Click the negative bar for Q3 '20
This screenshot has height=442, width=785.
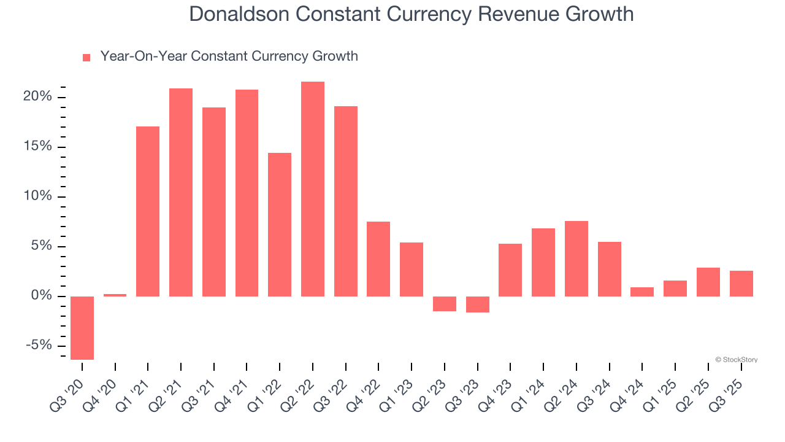tap(82, 328)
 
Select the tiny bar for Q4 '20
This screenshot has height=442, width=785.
tap(115, 295)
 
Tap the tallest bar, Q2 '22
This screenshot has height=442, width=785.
tap(313, 189)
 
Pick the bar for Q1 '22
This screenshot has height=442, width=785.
tap(280, 225)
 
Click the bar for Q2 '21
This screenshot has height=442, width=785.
tap(181, 192)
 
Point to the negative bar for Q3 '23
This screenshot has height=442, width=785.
tap(478, 304)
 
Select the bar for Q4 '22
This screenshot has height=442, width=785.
tap(378, 259)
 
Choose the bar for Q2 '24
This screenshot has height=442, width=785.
tap(576, 258)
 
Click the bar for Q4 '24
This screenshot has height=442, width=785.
tap(642, 292)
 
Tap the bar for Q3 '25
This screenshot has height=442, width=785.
tap(741, 284)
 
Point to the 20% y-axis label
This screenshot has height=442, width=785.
tap(39, 97)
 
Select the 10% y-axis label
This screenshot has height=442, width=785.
tap(39, 196)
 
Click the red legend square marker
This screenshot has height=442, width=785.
tap(86, 57)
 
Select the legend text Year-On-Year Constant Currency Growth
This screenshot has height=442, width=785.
tap(229, 56)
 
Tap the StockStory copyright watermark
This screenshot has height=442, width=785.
tap(736, 360)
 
